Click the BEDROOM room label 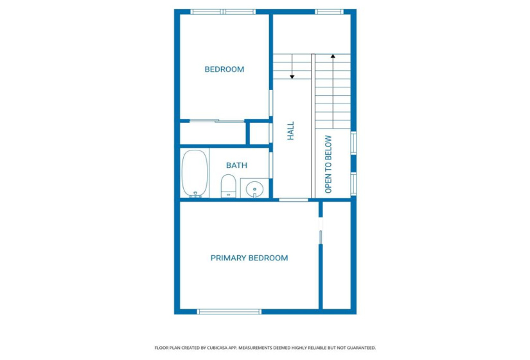click(224, 69)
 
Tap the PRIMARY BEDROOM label click(249, 258)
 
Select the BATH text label click(236, 165)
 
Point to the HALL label click(290, 131)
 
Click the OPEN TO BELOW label click(328, 164)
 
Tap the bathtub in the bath click(195, 173)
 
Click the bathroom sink click(254, 189)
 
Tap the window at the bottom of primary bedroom click(229, 312)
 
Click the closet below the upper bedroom click(213, 133)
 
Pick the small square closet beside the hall click(258, 133)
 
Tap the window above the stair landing click(328, 12)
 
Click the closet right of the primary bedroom click(336, 257)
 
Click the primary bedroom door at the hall click(294, 200)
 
